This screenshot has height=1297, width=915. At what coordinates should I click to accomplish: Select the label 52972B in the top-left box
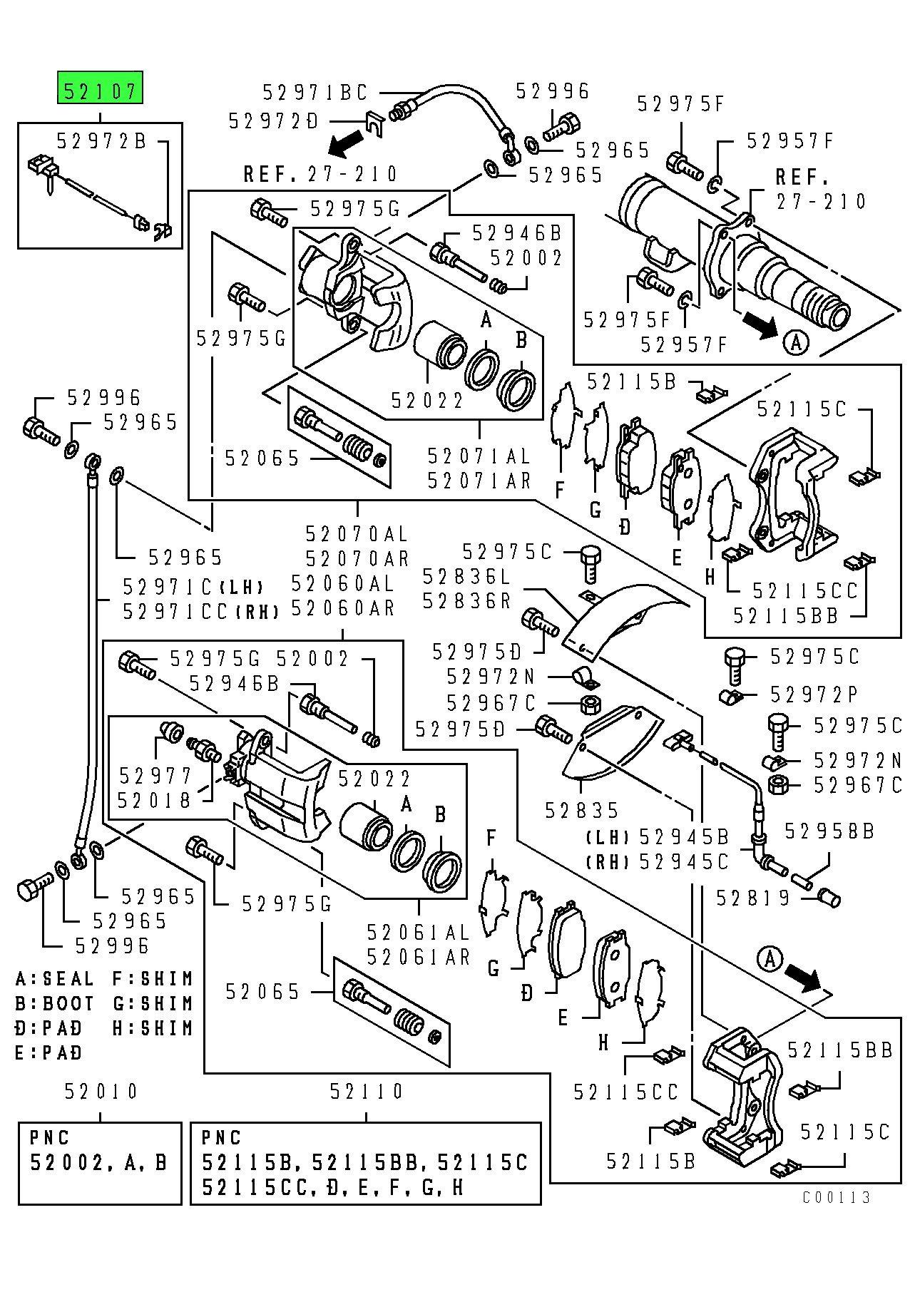tap(101, 141)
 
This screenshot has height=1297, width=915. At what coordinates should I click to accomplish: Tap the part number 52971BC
tap(315, 93)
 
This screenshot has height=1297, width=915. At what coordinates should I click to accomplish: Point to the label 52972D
tap(273, 121)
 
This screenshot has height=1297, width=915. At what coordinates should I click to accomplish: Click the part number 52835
tap(582, 811)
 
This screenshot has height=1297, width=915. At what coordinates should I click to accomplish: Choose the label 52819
tap(753, 898)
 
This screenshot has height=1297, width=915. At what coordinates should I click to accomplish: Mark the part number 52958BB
tap(829, 831)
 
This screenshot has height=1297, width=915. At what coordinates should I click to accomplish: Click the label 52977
tap(155, 776)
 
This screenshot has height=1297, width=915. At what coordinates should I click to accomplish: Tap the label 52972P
tap(814, 694)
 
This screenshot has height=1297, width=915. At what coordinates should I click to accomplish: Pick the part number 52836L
tap(467, 576)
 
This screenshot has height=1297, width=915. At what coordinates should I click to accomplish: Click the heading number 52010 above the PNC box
tap(101, 1092)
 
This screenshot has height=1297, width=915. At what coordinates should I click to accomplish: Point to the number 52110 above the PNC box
tap(367, 1092)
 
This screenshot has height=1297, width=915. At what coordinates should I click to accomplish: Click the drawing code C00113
tap(837, 1197)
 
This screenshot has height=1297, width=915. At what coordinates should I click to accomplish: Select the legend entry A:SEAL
tap(55, 979)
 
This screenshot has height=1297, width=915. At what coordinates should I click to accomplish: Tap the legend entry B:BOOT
tap(55, 1004)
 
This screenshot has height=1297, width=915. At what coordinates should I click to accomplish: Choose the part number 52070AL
tap(357, 534)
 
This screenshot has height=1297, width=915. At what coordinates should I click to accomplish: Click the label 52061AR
tap(419, 957)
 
